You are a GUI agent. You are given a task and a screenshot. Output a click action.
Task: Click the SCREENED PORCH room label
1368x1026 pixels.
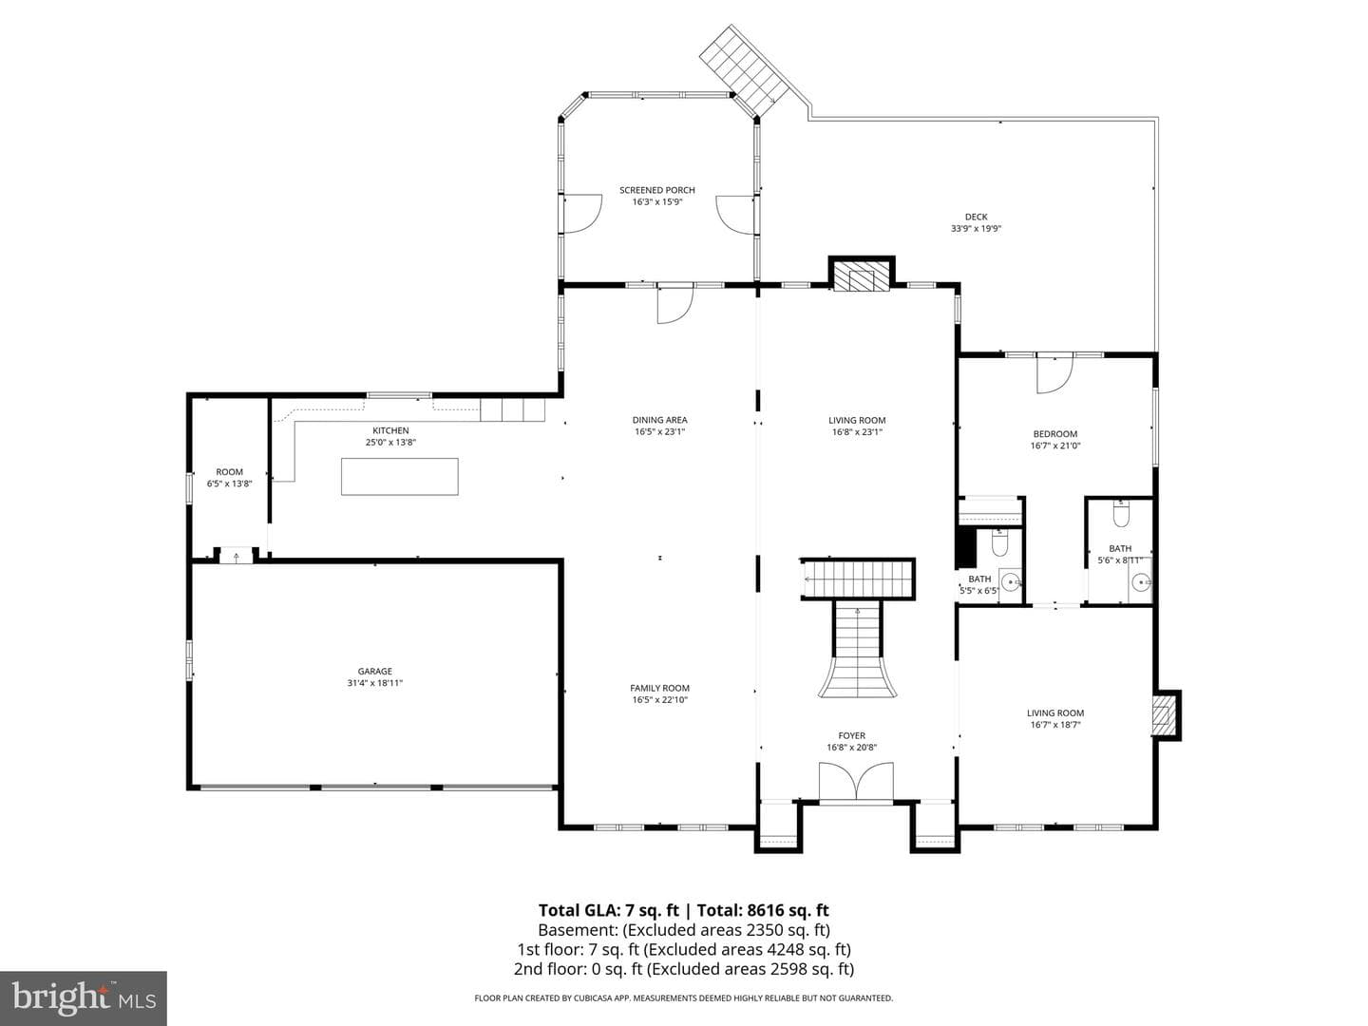click(656, 190)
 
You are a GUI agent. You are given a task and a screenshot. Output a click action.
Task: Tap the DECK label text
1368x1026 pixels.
click(976, 217)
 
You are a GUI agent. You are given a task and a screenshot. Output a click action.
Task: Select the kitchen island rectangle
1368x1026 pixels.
click(399, 477)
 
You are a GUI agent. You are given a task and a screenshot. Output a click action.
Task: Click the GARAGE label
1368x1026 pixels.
click(374, 671)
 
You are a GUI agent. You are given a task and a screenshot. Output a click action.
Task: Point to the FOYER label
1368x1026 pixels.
click(851, 735)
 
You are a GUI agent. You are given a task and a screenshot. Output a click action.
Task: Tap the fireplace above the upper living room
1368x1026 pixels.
click(862, 275)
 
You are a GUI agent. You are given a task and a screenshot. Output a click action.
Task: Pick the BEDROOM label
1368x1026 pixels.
click(1055, 434)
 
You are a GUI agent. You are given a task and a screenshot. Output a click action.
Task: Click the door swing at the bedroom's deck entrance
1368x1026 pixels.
click(1054, 374)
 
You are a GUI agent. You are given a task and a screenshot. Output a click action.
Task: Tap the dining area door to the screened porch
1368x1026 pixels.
click(674, 305)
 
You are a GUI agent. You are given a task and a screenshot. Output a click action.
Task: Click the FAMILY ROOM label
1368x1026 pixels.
click(659, 689)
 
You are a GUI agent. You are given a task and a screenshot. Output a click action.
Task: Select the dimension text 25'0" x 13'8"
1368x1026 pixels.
click(390, 443)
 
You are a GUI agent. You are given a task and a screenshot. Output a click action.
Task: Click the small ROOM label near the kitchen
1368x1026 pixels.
click(229, 472)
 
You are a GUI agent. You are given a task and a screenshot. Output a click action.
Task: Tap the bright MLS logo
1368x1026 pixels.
click(84, 998)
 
